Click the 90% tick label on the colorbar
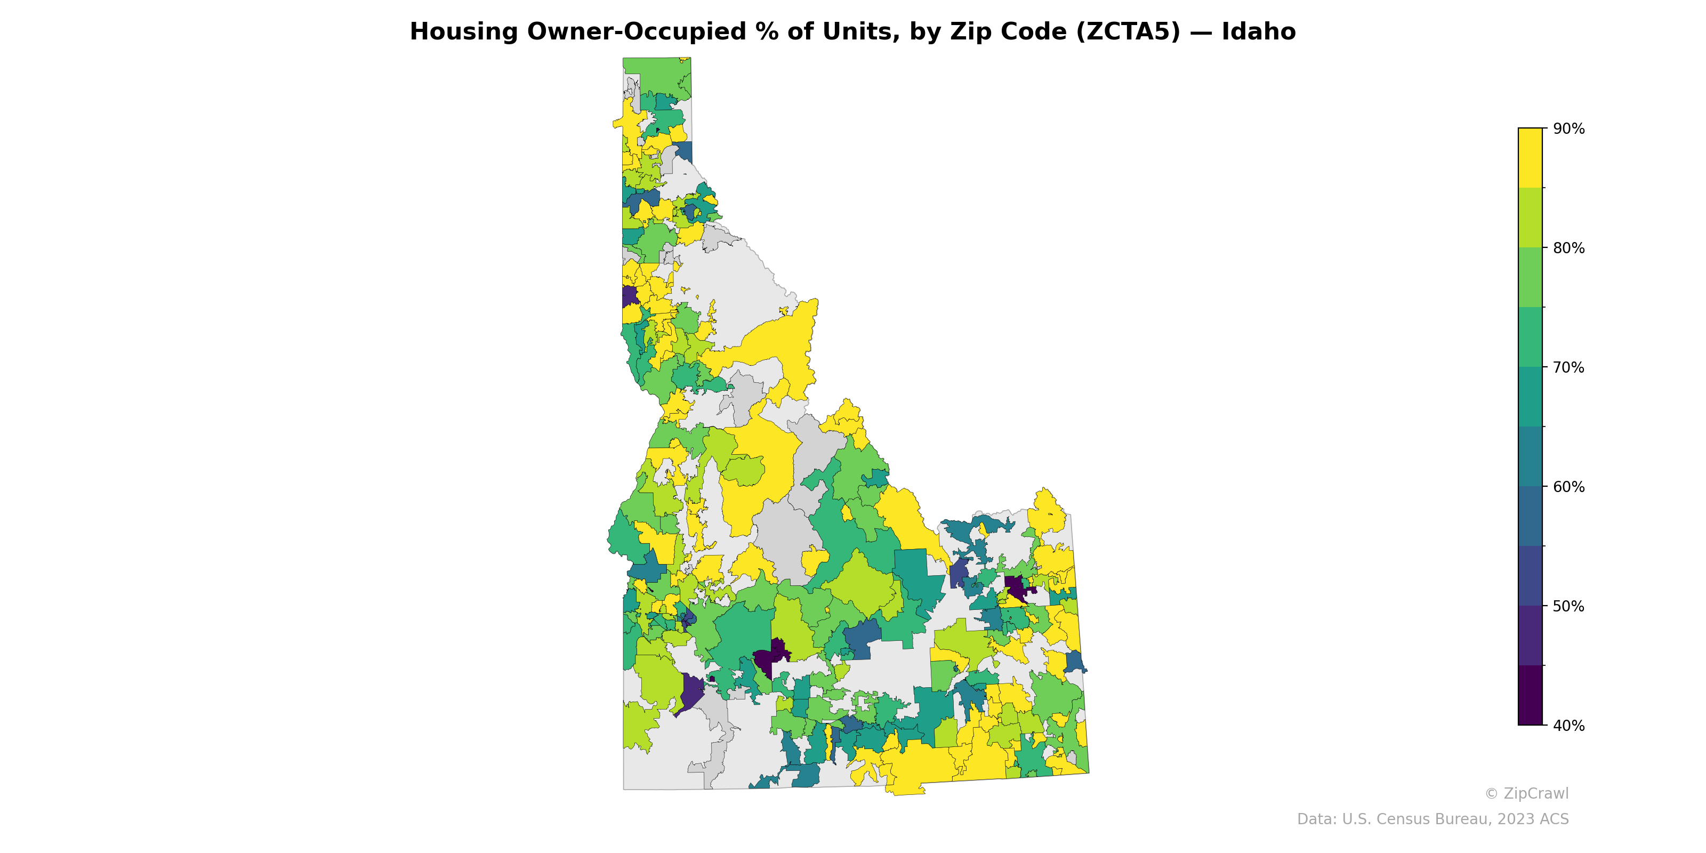click(1568, 129)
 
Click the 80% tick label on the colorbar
click(1568, 248)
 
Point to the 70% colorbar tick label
click(1568, 367)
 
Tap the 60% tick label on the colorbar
click(1568, 487)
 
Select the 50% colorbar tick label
click(1568, 606)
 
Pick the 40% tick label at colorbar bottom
click(1568, 726)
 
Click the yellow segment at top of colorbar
click(1530, 158)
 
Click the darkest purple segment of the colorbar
click(1530, 695)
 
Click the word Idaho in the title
click(1258, 32)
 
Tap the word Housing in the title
click(464, 32)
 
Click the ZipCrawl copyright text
click(1526, 793)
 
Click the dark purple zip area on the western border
click(629, 295)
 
